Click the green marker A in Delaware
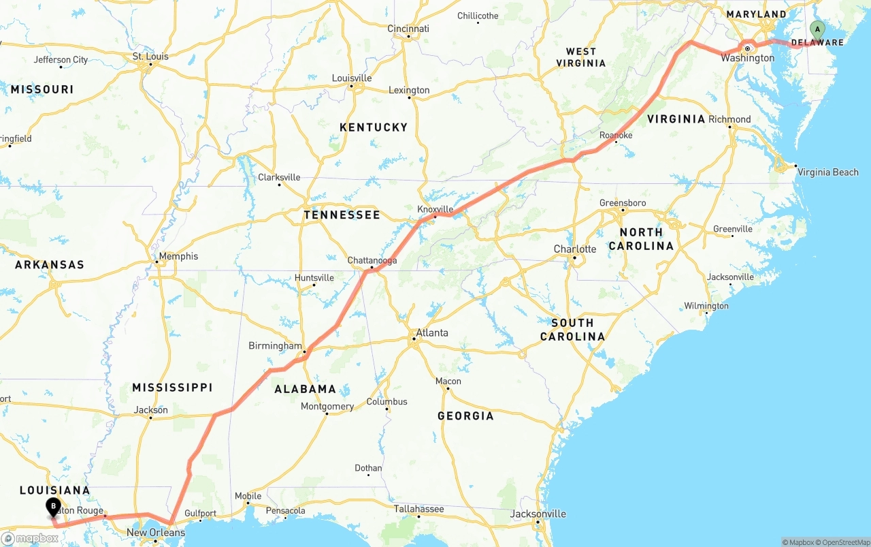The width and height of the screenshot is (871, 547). (x=817, y=30)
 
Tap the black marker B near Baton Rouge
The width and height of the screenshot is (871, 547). (x=53, y=507)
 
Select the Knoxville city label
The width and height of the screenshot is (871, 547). (x=435, y=209)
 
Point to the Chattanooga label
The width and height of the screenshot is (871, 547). (x=372, y=260)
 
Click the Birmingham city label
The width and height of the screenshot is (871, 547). (x=275, y=346)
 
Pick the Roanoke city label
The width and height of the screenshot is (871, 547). (x=616, y=136)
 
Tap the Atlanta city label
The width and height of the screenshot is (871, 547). (x=432, y=333)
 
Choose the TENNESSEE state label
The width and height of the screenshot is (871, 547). (x=342, y=215)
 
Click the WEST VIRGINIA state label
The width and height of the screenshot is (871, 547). (x=581, y=57)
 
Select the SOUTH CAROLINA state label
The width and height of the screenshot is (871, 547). (x=572, y=330)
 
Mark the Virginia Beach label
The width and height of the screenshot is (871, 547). (x=827, y=172)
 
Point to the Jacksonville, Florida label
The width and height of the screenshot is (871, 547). (x=538, y=514)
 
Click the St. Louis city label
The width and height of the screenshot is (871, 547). (x=150, y=57)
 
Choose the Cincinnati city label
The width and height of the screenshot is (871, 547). (x=408, y=29)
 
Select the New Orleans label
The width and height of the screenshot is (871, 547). (x=156, y=533)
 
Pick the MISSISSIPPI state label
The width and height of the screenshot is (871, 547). (x=172, y=388)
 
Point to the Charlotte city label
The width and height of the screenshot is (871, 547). (x=575, y=249)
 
